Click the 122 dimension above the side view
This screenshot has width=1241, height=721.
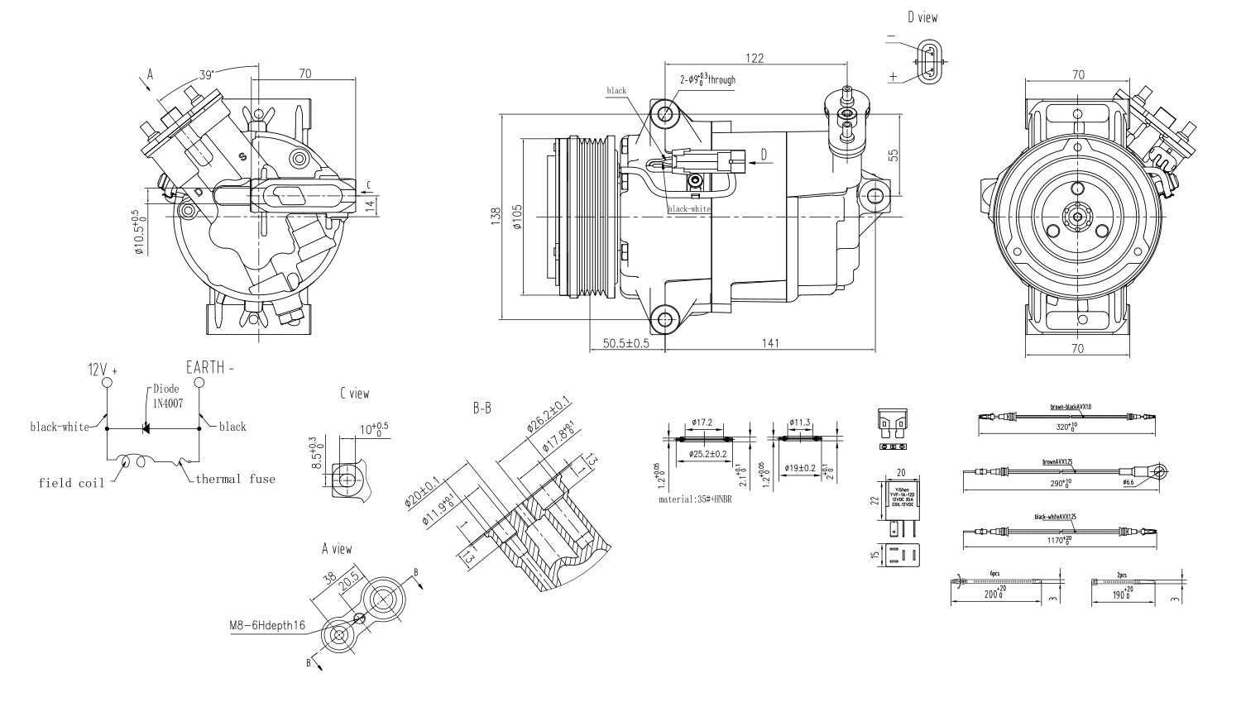(754, 58)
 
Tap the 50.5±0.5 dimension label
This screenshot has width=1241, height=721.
(626, 343)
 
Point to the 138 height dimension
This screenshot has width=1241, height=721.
(496, 216)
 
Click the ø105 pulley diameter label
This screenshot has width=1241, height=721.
(517, 216)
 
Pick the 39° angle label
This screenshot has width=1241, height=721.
(207, 74)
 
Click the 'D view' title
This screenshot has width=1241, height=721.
(922, 17)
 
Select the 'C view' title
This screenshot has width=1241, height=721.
(354, 394)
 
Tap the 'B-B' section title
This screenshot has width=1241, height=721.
(482, 408)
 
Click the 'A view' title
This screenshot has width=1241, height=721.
(337, 549)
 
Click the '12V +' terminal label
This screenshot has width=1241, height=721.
(103, 370)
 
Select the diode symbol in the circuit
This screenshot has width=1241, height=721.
(146, 428)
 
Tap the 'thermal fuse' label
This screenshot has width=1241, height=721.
(235, 479)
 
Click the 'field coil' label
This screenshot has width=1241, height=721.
(71, 483)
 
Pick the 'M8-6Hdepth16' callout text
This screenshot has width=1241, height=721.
(267, 625)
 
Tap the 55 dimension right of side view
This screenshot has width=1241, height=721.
(893, 155)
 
